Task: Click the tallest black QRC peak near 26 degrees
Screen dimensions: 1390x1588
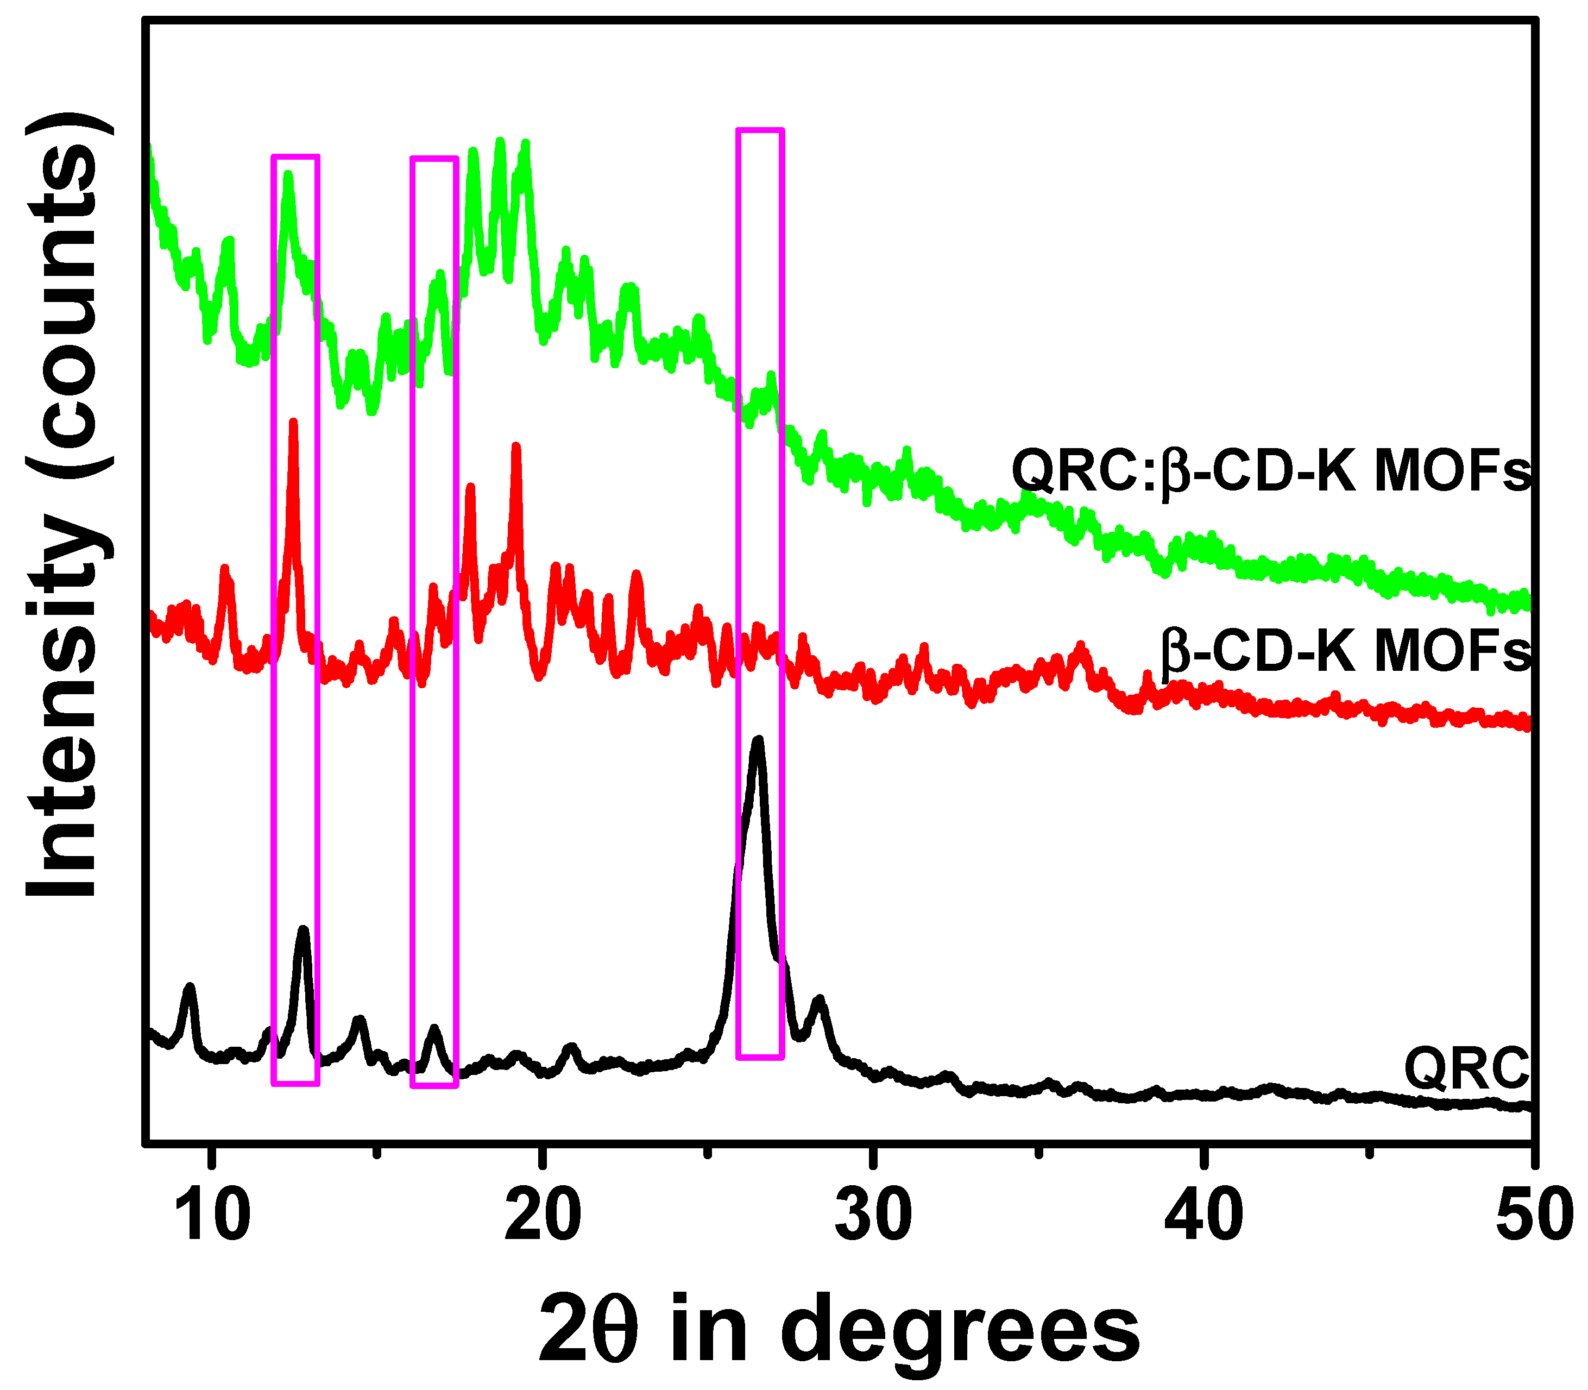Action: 758,741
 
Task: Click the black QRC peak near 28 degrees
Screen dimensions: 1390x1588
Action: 820,1000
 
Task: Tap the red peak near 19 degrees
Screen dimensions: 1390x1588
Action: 515,448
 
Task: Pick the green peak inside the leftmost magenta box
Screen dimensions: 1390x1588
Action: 288,175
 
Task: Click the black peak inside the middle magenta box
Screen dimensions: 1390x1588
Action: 434,1029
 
